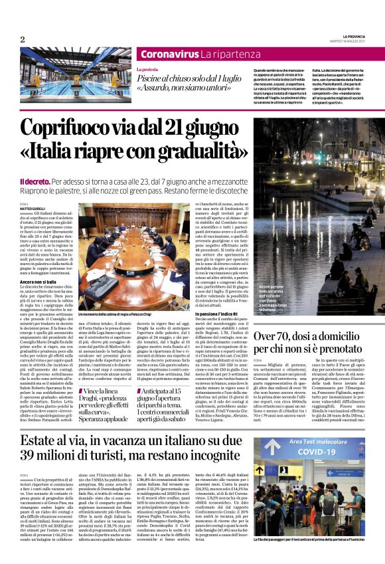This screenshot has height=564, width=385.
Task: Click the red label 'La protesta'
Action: click(x=147, y=69)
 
